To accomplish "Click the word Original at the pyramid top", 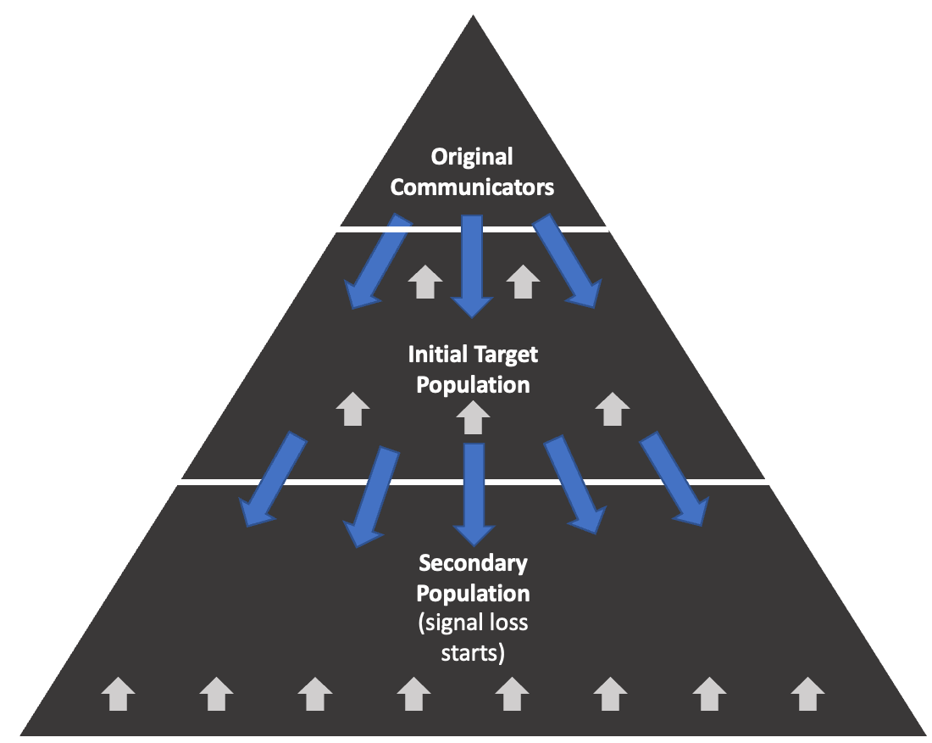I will pos(472,158).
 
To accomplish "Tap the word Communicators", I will pos(472,187).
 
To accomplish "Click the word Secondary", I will pos(473,563).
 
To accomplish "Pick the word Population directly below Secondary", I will pos(473,592).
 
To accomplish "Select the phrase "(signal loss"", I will pos(473,623).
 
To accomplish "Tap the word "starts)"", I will pos(473,653).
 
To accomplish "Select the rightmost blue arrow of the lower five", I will pos(674,478).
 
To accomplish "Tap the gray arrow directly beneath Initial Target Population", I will pos(474,418).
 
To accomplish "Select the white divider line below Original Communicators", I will pos(473,228).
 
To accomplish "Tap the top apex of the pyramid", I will pos(473,19).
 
